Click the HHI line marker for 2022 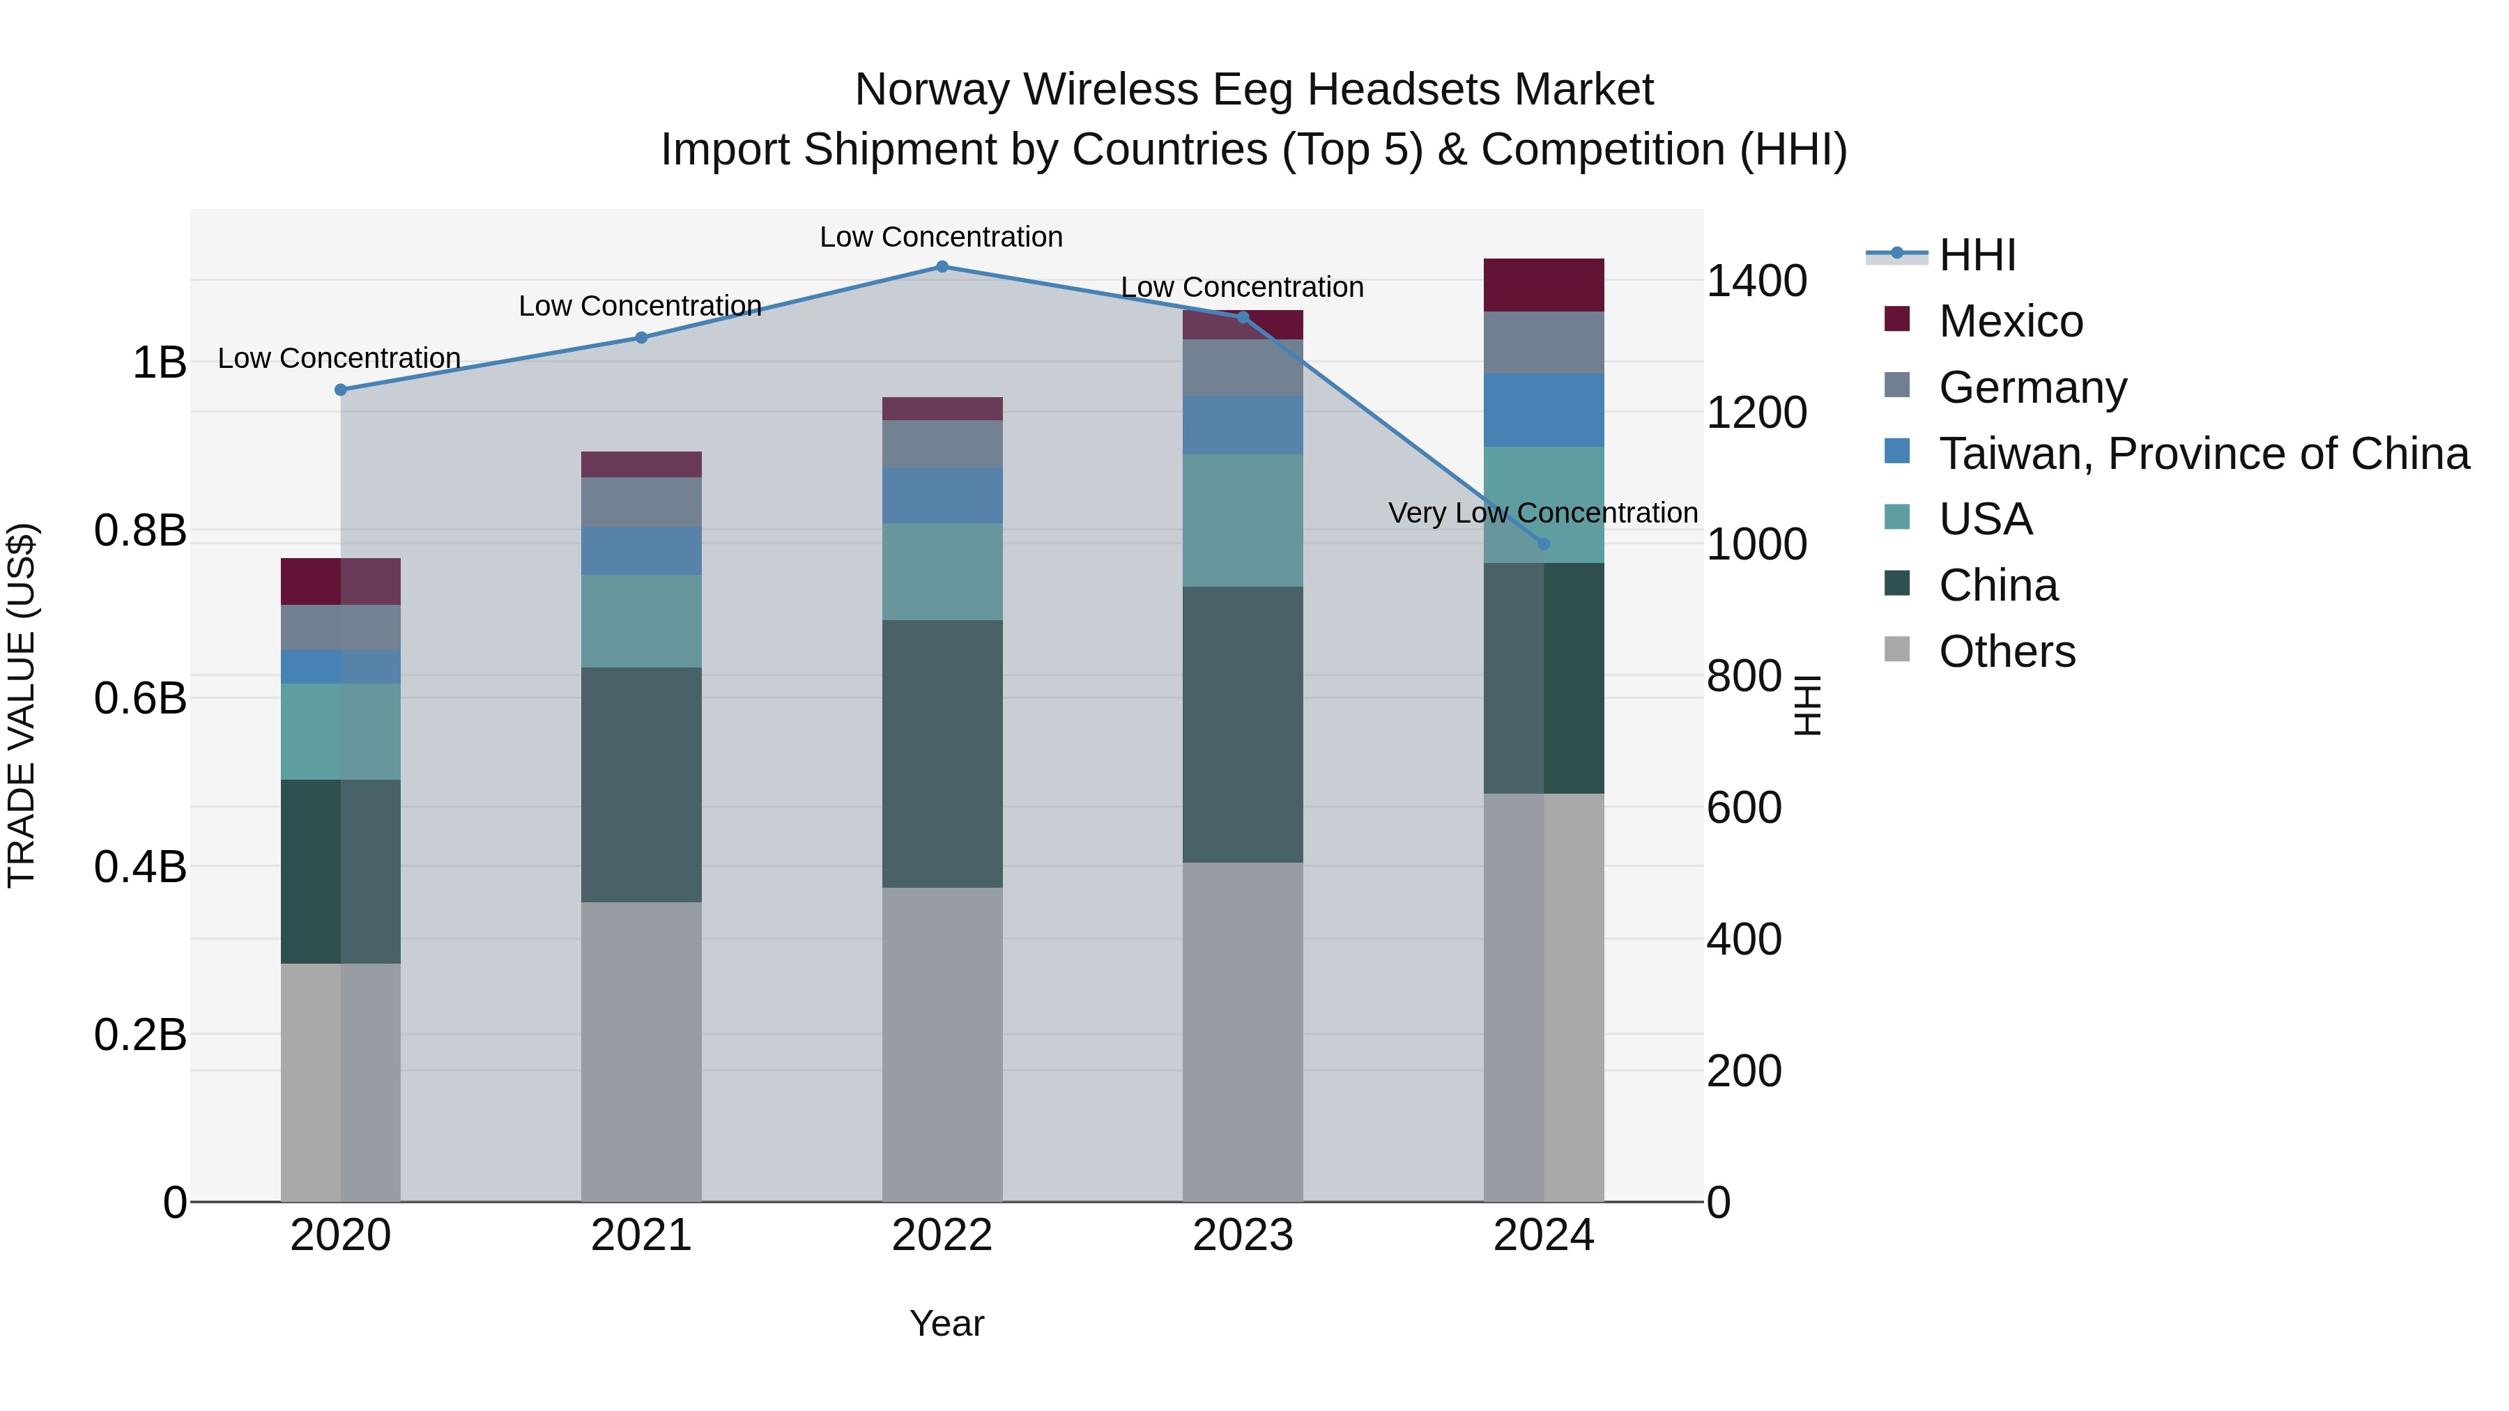(942, 267)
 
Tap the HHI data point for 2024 (1544, 544)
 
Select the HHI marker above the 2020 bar (341, 390)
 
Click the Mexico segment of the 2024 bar (1544, 285)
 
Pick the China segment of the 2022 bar (942, 754)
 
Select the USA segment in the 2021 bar (641, 622)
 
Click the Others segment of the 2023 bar (1243, 1032)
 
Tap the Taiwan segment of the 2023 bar (1243, 426)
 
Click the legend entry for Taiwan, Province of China (2203, 454)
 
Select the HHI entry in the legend (1977, 255)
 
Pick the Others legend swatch (1897, 649)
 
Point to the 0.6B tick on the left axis (140, 698)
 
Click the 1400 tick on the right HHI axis (1757, 282)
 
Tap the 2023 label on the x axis (1243, 1235)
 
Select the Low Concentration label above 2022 (941, 237)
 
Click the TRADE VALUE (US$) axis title (22, 705)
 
